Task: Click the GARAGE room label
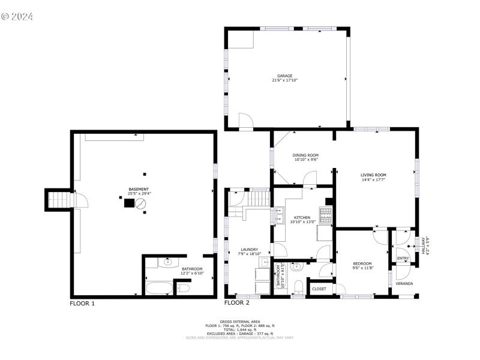click(284, 76)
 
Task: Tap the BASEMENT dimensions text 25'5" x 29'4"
click(139, 193)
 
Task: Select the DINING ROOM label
click(306, 155)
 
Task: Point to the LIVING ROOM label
click(373, 175)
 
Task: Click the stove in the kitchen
click(325, 214)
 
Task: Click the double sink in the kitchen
click(280, 215)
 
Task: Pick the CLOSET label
click(320, 289)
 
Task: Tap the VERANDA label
click(404, 283)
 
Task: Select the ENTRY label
click(403, 259)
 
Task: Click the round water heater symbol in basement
click(140, 204)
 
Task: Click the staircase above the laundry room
click(260, 197)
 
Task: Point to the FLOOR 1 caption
click(82, 304)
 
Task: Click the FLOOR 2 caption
click(236, 304)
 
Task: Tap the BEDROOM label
click(362, 263)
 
